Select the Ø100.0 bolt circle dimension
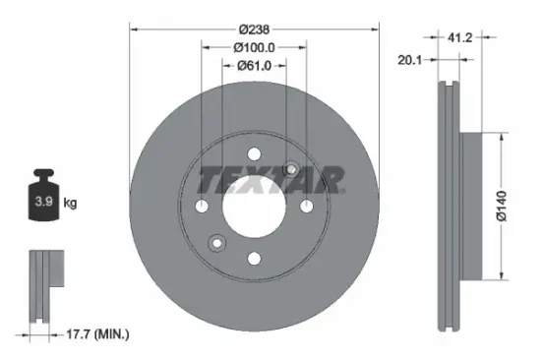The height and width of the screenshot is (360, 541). click(x=253, y=46)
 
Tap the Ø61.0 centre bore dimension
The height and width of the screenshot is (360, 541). click(x=253, y=66)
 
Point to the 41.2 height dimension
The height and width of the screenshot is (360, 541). click(x=461, y=39)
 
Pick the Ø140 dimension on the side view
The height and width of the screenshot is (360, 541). click(x=501, y=203)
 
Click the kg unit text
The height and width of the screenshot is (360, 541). click(x=71, y=204)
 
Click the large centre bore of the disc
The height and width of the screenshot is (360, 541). click(x=253, y=205)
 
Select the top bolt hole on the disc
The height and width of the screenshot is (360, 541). click(x=253, y=152)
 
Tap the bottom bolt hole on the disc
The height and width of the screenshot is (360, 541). click(x=253, y=258)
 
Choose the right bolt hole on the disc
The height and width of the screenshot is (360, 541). click(x=306, y=205)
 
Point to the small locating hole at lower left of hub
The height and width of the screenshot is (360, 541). click(x=216, y=242)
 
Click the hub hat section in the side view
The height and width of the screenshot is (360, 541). click(x=469, y=205)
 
